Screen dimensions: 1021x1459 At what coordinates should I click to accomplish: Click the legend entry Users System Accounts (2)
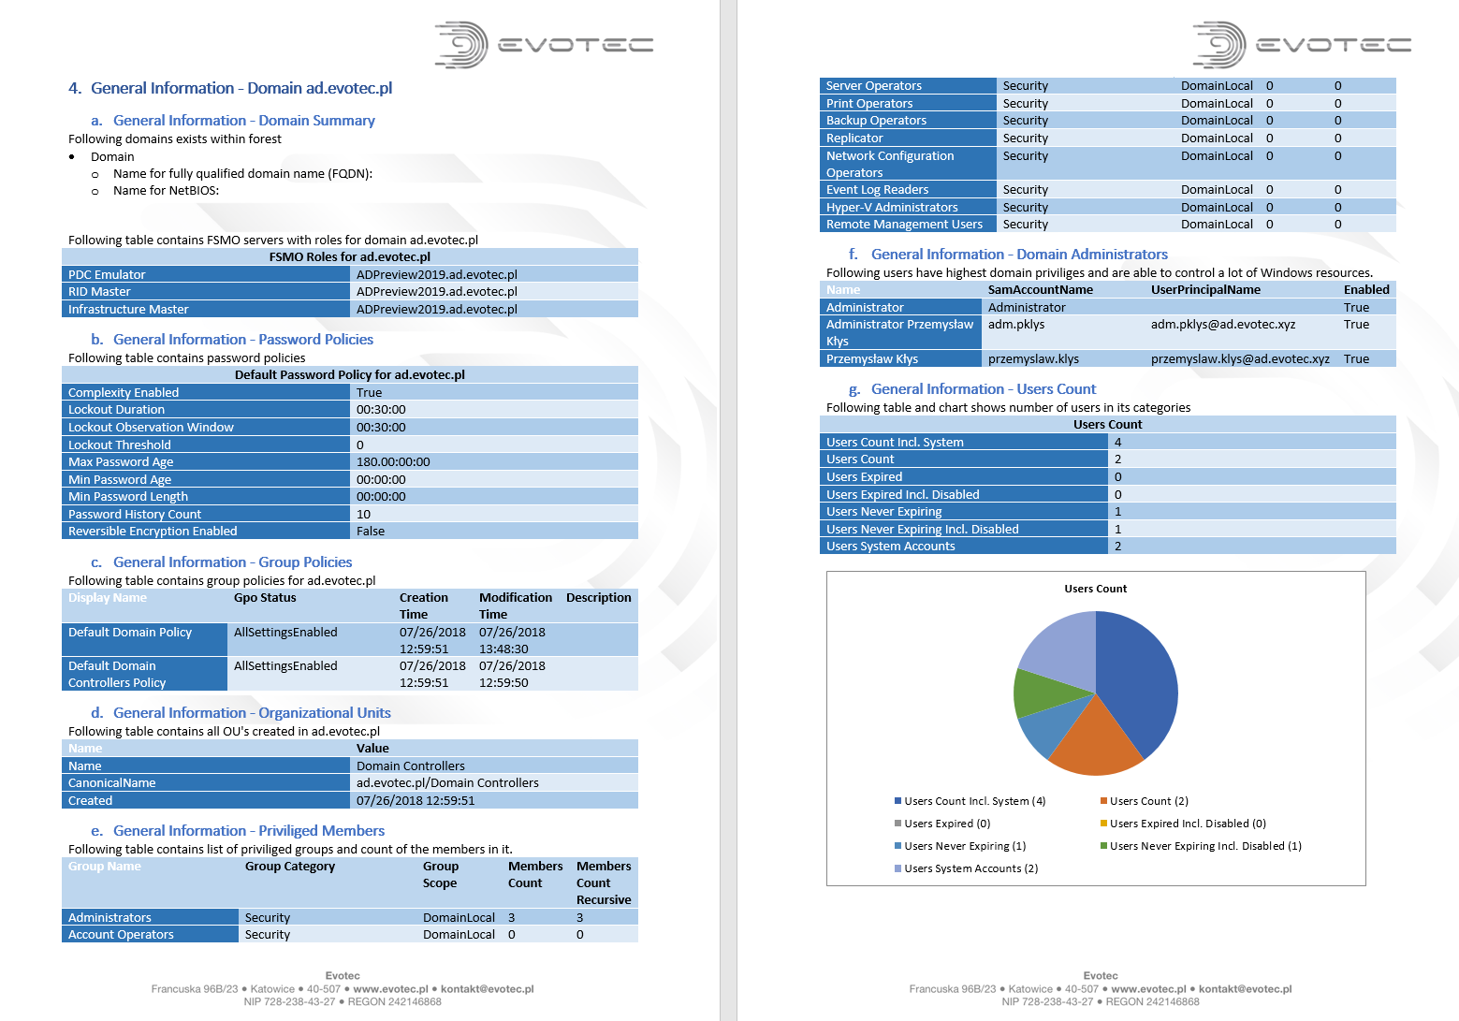(x=970, y=868)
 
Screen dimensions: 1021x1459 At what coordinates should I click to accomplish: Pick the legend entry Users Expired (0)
(x=946, y=824)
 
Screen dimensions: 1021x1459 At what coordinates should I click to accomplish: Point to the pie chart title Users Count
(x=1095, y=589)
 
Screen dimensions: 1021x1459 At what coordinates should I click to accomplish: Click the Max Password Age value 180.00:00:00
(x=393, y=462)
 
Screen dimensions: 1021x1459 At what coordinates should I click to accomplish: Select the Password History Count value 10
(x=363, y=515)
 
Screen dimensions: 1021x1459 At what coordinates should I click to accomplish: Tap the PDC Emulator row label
(x=107, y=275)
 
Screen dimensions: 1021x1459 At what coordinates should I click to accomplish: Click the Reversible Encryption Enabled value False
(x=371, y=532)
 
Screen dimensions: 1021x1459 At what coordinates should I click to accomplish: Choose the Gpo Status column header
(x=265, y=598)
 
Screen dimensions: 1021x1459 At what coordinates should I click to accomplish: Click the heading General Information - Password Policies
(x=242, y=340)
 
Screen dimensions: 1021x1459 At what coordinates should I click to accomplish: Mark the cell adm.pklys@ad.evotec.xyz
(x=1223, y=325)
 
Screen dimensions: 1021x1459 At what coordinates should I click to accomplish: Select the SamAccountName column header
(x=1040, y=290)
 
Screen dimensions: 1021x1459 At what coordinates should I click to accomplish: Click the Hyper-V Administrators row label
(x=891, y=208)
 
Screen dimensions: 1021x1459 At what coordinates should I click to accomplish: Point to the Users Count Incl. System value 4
(x=1117, y=443)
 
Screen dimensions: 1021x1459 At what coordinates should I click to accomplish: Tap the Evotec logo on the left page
(x=544, y=45)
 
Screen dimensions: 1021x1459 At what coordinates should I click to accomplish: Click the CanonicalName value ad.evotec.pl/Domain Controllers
(x=447, y=783)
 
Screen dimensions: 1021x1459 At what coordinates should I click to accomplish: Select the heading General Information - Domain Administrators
(x=1019, y=255)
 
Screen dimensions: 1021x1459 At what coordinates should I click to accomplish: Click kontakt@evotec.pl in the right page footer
(x=1245, y=989)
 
